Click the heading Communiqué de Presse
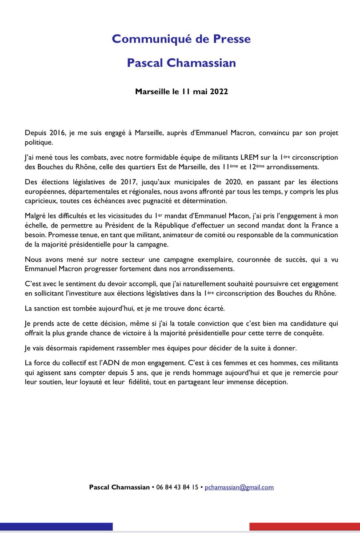click(x=181, y=39)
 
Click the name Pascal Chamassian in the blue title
click(x=181, y=63)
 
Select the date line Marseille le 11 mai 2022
click(x=181, y=92)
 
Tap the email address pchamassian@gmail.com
click(x=239, y=487)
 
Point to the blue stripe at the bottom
click(x=56, y=527)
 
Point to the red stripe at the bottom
click(x=304, y=527)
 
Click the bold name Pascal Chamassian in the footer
click(x=120, y=487)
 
